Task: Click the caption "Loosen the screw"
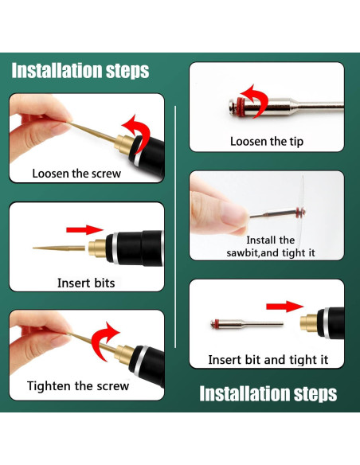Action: pos(76,174)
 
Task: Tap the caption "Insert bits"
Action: pos(86,283)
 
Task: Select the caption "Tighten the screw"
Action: pos(78,386)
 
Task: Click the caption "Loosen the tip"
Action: pos(267,142)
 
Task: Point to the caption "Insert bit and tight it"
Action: pos(268,360)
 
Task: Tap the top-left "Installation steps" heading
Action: pos(80,71)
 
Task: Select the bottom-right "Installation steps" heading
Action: pos(268,393)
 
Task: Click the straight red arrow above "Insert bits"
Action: pos(84,229)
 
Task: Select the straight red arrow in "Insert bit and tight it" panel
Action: pos(285,307)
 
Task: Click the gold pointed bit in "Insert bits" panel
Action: pos(59,248)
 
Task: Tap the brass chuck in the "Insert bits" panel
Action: pos(97,248)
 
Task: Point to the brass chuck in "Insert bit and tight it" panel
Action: pos(309,323)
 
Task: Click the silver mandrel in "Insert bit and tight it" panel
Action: pos(247,324)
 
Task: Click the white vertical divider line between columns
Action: pos(175,227)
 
